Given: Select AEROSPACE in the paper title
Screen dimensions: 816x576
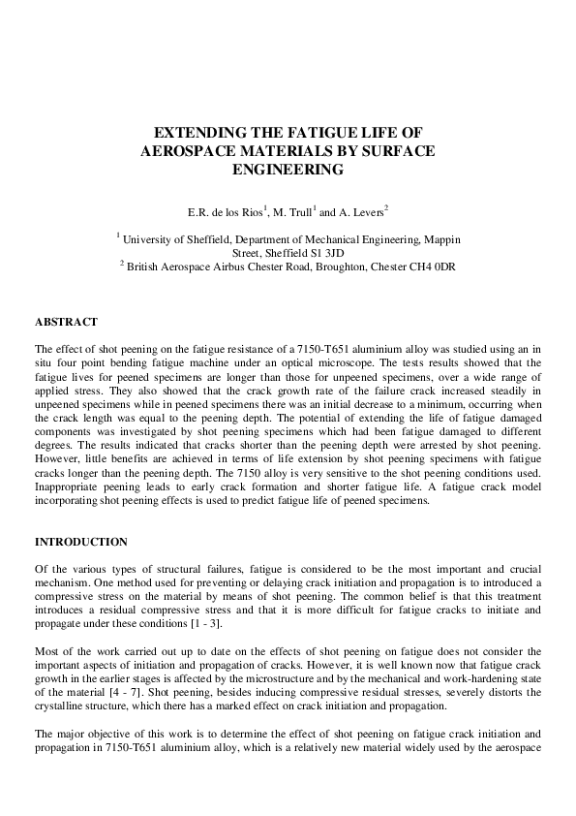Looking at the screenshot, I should click(192, 151).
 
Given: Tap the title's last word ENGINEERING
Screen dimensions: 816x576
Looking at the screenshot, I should click(288, 170).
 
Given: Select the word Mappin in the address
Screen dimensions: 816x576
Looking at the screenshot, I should click(442, 238).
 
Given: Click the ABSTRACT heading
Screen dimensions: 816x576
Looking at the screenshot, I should click(66, 321).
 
